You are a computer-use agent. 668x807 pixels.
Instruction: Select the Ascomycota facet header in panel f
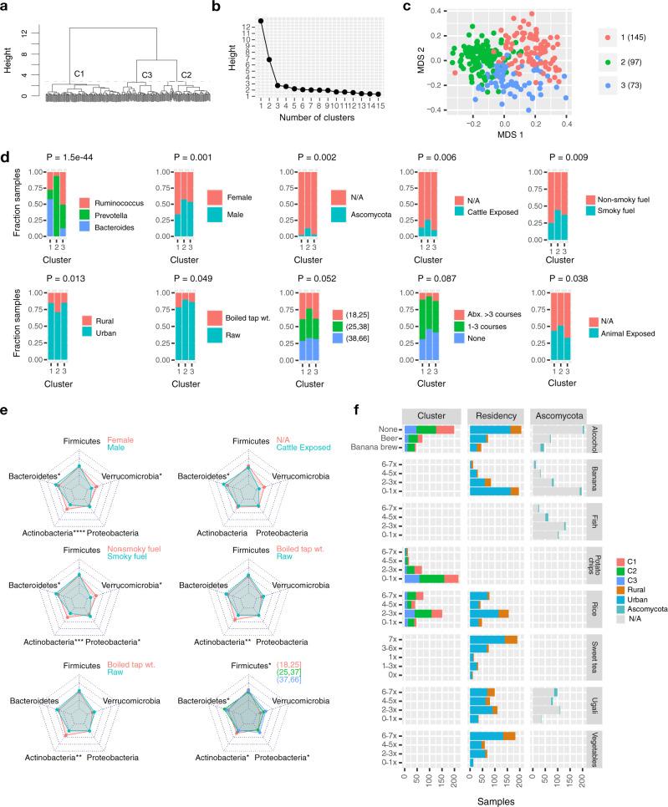(x=558, y=415)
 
